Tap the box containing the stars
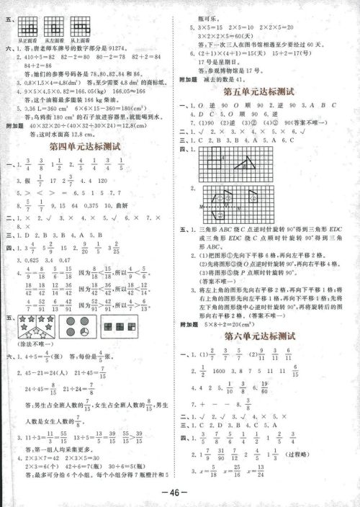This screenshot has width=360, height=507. (37, 324)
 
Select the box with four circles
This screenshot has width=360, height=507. (76, 324)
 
